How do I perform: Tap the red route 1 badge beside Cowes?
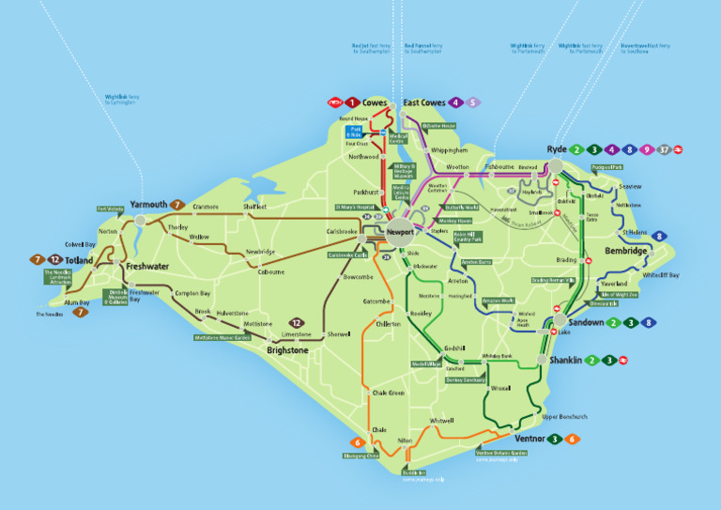[351, 102]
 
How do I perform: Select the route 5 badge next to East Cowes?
[473, 102]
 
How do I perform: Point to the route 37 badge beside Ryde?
[664, 149]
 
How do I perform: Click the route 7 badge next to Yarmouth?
[176, 204]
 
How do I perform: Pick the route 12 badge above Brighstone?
[297, 322]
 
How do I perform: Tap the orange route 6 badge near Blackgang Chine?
[357, 442]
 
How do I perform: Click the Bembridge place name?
[625, 252]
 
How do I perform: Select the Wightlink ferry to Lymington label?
[122, 99]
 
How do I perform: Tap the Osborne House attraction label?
[438, 126]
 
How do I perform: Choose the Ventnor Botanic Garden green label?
[501, 453]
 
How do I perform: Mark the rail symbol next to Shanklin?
[622, 360]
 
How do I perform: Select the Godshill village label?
[442, 348]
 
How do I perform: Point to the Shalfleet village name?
[254, 207]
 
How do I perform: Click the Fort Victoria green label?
[111, 209]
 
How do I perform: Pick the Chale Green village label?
[388, 393]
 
